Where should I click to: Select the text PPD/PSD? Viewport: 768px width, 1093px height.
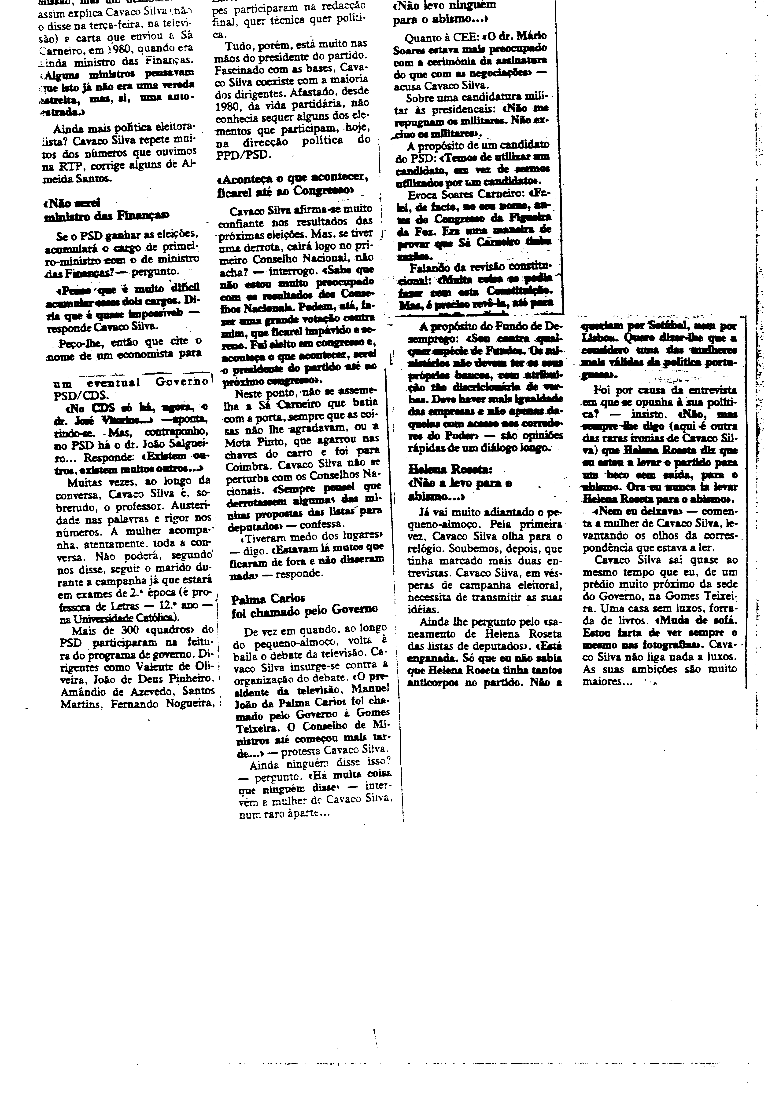point(243,155)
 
